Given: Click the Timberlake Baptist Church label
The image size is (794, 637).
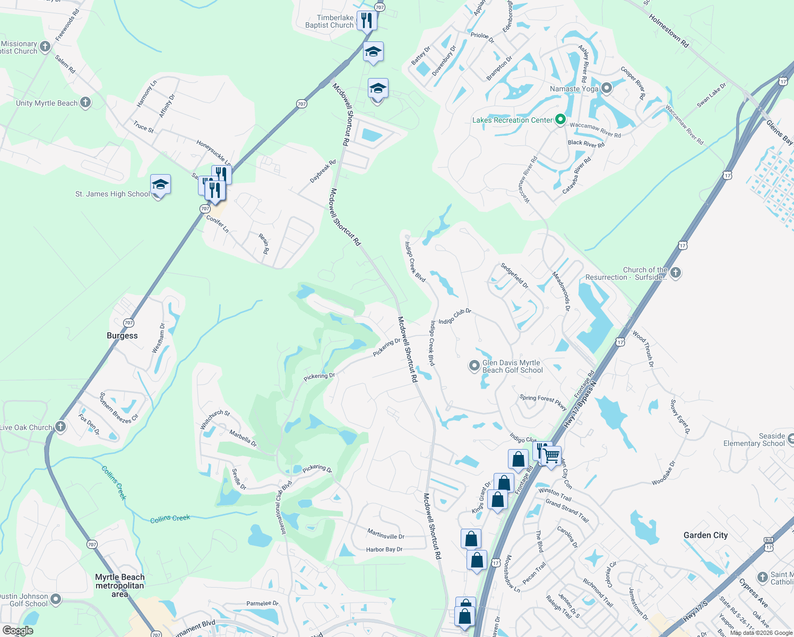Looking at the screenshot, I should click(329, 21).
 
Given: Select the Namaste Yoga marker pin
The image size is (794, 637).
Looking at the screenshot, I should click(607, 88).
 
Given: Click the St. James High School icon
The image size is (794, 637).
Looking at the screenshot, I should click(160, 185).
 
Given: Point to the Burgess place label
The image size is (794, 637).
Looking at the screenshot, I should click(122, 335).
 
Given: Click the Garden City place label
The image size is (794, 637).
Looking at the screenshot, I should click(705, 535).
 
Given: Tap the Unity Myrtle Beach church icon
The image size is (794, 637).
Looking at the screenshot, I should click(85, 102).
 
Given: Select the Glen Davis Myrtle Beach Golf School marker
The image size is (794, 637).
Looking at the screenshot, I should click(474, 366).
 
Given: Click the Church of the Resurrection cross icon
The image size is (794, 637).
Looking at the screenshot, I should click(675, 273).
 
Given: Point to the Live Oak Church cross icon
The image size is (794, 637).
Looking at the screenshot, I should click(61, 426).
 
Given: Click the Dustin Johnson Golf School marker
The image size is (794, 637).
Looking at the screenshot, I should click(55, 600).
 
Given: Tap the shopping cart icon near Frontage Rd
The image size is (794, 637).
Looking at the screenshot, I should click(551, 455).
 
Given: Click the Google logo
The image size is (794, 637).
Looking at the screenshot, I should click(18, 631).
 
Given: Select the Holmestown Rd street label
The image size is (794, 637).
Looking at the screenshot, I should click(668, 31).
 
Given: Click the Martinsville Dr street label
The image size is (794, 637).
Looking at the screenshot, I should click(386, 533).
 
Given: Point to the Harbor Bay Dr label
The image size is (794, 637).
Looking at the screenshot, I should click(384, 549).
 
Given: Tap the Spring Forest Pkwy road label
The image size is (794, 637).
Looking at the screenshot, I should click(543, 401).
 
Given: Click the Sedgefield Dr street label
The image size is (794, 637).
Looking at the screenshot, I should click(514, 276).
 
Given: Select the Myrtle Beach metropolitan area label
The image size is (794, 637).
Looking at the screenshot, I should click(120, 585).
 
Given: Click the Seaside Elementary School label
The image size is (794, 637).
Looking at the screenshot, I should click(754, 440).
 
